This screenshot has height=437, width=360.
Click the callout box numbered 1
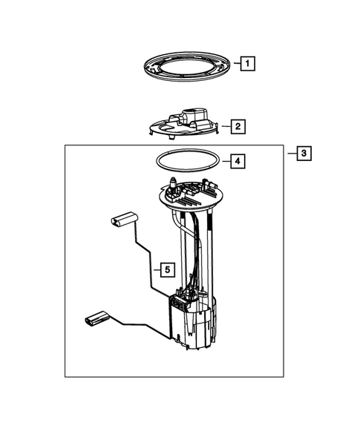(246, 64)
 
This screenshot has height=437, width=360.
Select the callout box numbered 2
(238, 127)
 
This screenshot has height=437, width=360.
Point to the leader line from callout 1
(233, 65)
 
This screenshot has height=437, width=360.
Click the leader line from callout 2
(226, 127)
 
